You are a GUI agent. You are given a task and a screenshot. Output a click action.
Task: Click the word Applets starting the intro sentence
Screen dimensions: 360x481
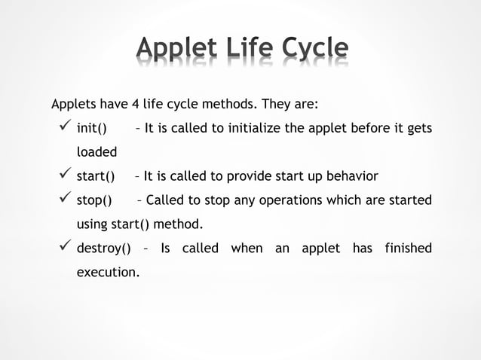click(73, 103)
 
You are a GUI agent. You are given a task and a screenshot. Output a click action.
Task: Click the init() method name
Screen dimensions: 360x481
click(92, 128)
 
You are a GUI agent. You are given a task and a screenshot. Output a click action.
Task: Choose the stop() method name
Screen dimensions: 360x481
click(94, 200)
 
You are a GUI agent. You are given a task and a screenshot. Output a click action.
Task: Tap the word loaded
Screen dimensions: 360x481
click(97, 152)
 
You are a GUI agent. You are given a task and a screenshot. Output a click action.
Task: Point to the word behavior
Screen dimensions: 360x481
click(351, 176)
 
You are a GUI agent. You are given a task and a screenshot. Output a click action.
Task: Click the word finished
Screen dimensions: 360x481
click(408, 249)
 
